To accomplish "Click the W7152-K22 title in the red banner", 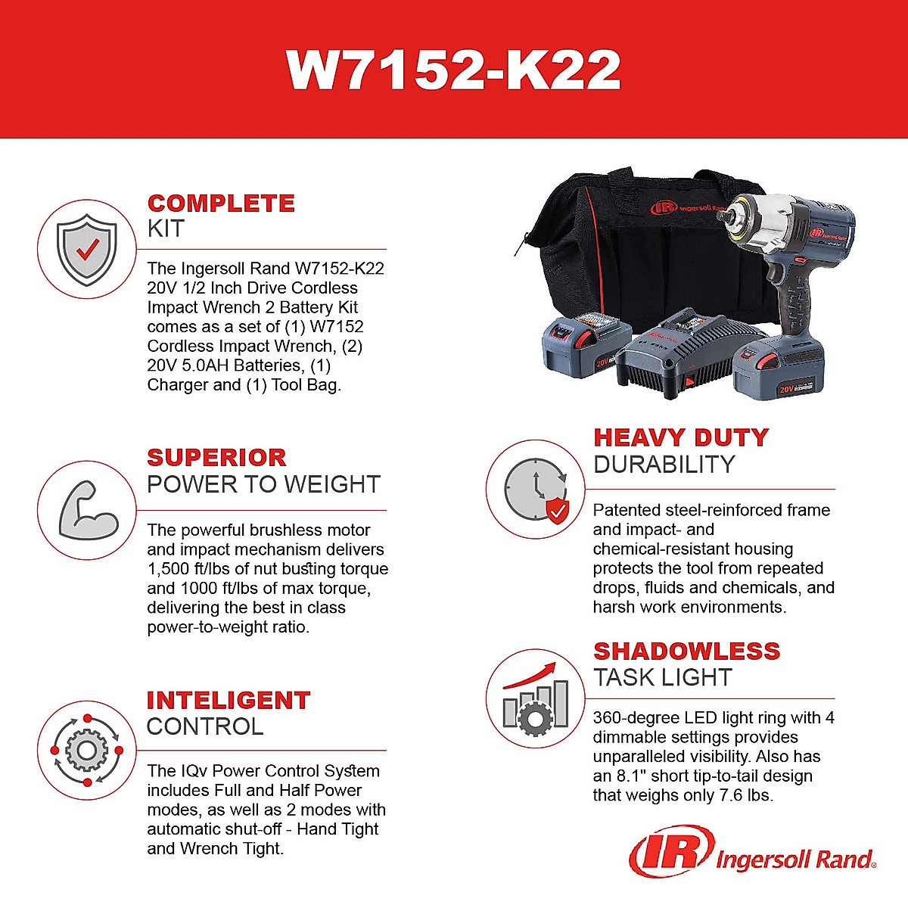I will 454,70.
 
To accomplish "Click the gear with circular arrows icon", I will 87,750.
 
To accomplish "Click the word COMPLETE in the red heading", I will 221,204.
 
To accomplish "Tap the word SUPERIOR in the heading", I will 216,458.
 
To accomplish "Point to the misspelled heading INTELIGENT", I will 228,701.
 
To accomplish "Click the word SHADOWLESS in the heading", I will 686,651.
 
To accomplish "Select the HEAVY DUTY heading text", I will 681,438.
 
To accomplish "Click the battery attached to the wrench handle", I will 779,367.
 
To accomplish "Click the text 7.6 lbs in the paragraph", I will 745,795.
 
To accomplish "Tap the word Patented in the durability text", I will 625,510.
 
